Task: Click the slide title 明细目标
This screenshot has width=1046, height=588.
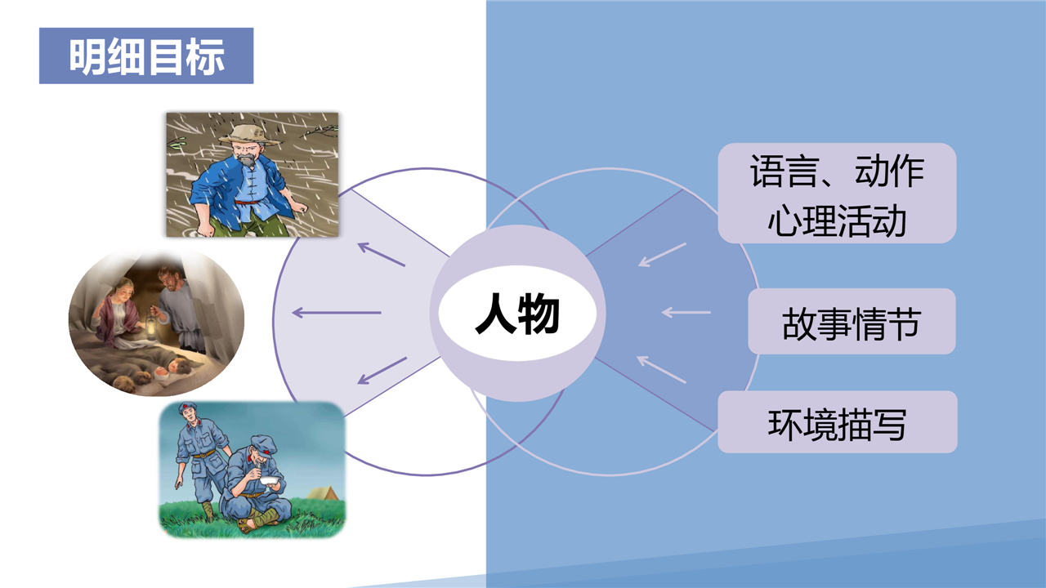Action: click(147, 56)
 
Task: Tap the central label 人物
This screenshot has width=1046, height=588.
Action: click(517, 313)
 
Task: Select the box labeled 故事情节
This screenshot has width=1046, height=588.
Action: click(852, 322)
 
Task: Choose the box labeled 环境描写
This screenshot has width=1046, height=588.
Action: click(838, 422)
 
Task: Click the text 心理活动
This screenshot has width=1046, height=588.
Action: click(837, 220)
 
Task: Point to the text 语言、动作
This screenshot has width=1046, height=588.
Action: click(837, 171)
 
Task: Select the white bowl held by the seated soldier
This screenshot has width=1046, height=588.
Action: click(269, 481)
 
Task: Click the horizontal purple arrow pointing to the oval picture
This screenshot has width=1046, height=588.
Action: click(337, 313)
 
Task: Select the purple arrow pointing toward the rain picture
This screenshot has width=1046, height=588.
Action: click(382, 254)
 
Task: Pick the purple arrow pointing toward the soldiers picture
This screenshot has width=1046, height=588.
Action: click(382, 371)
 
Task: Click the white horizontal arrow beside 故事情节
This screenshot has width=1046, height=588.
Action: click(686, 312)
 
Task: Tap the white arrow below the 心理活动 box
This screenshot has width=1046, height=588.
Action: click(662, 255)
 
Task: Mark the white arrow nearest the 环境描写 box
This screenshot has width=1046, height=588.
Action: click(661, 370)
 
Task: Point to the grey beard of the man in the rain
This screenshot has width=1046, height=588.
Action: click(247, 161)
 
